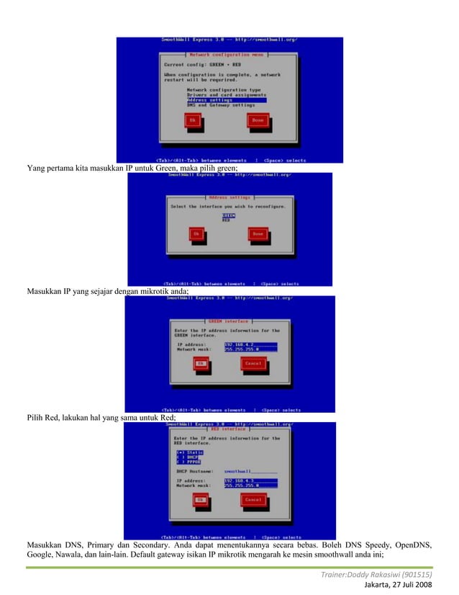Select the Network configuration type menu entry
pos(224,89)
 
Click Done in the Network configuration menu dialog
pos(258,120)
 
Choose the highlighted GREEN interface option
pos(229,215)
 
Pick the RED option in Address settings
pos(227,220)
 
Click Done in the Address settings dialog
pos(258,234)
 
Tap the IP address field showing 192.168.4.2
pos(250,344)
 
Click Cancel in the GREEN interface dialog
pos(253,364)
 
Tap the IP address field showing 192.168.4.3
pos(250,480)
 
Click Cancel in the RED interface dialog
pos(253,499)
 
